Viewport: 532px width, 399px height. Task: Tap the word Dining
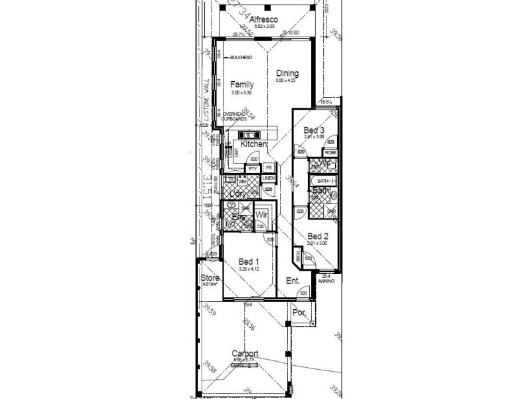pyautogui.click(x=287, y=73)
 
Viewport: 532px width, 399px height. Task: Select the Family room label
pyautogui.click(x=241, y=85)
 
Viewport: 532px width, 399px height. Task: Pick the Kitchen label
pyautogui.click(x=253, y=144)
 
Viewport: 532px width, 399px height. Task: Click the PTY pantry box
pyautogui.click(x=253, y=169)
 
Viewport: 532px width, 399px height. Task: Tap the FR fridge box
pyautogui.click(x=268, y=169)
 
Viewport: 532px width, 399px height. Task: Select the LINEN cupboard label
pyautogui.click(x=269, y=179)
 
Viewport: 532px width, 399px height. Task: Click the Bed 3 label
pyautogui.click(x=314, y=130)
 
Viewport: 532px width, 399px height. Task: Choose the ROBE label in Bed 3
pyautogui.click(x=331, y=152)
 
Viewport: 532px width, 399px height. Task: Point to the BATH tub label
pyautogui.click(x=324, y=181)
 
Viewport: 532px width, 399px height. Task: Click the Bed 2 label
pyautogui.click(x=318, y=236)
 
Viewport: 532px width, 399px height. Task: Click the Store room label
pyautogui.click(x=210, y=279)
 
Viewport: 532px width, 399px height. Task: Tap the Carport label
pyautogui.click(x=245, y=354)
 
